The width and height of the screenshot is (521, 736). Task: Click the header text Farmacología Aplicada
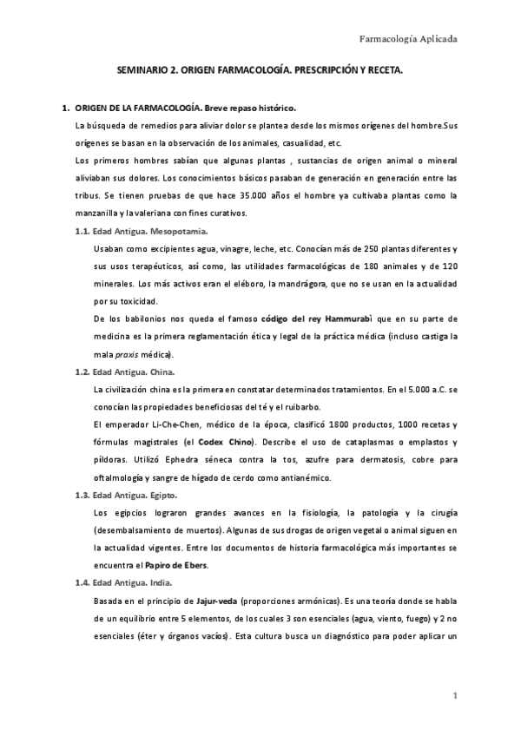tap(408, 39)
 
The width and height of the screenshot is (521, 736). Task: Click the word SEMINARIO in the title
tap(142, 76)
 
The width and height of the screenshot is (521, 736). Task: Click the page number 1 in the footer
tap(454, 697)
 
